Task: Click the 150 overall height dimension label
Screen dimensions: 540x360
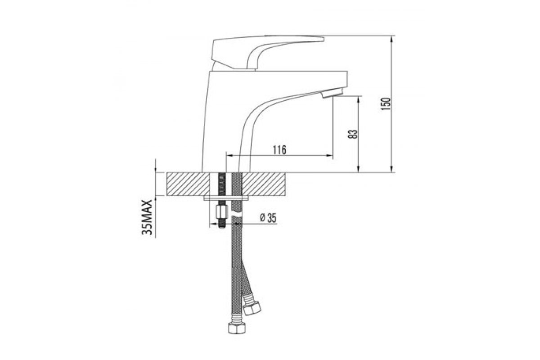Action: [385, 103]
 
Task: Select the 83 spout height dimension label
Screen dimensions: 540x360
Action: [352, 134]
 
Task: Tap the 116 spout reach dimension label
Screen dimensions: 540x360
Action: [279, 150]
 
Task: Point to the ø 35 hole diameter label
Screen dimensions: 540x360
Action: [268, 218]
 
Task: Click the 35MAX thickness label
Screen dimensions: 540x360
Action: [147, 217]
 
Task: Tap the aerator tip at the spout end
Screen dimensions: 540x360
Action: [332, 93]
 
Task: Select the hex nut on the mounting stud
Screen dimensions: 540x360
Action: [222, 211]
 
